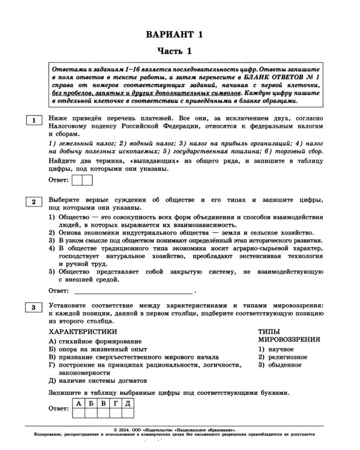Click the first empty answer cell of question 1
point(76,179)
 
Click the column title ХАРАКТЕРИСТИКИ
point(83,331)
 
